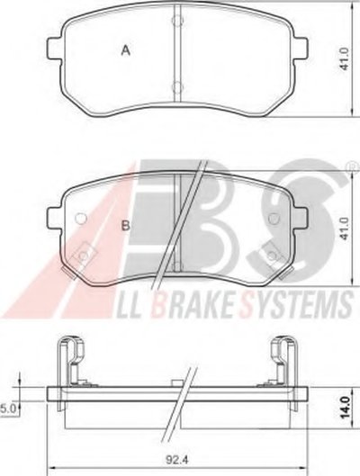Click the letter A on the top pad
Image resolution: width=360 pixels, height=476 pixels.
pyautogui.click(x=126, y=50)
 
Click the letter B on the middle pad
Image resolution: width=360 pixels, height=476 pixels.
pyautogui.click(x=126, y=226)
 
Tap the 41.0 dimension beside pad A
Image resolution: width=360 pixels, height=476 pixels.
pyautogui.click(x=345, y=58)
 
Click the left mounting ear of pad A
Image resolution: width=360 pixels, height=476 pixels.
pyautogui.click(x=55, y=49)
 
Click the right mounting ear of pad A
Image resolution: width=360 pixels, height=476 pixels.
pyautogui.click(x=301, y=49)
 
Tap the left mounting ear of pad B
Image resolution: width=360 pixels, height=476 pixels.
pyautogui.click(x=55, y=219)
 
